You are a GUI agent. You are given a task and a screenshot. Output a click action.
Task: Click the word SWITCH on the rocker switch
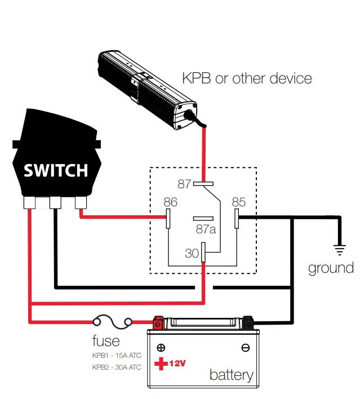coord(56,170)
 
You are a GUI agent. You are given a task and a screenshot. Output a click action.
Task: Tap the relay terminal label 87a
coord(206,229)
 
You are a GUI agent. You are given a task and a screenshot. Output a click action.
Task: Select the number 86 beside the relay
coord(170,202)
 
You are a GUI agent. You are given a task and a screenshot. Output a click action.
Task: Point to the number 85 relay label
coord(239,202)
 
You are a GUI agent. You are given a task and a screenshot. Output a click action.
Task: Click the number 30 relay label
coord(192,253)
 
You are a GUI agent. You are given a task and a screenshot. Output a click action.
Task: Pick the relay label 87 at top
coord(184,184)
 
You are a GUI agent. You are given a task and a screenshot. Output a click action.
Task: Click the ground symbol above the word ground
coord(340,250)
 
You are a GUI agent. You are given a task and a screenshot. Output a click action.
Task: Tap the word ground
coord(331,268)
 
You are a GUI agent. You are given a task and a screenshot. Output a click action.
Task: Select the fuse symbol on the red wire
coord(113,322)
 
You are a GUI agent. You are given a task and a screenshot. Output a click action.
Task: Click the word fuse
coord(106,340)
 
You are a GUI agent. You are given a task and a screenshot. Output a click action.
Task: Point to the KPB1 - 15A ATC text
coord(117,355)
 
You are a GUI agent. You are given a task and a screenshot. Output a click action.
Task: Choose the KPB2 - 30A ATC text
coord(117,367)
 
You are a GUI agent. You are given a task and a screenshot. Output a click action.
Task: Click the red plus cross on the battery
coord(161,363)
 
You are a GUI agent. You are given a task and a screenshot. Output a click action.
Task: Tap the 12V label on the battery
coord(177,363)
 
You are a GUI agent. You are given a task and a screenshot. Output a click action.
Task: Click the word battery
coord(231,375)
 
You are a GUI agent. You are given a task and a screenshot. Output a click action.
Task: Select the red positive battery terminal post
coord(158,322)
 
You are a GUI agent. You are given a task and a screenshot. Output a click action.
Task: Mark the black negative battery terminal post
coord(248,322)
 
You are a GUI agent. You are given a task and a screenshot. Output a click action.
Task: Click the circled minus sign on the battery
coord(246,348)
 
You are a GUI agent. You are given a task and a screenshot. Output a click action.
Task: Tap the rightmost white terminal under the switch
coord(81,203)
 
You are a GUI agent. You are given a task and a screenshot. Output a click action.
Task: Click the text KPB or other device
coord(247,78)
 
